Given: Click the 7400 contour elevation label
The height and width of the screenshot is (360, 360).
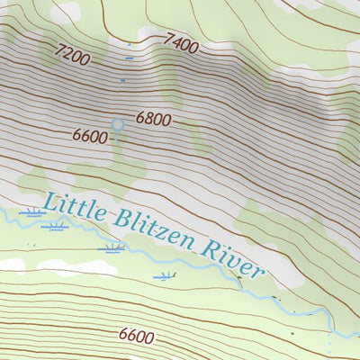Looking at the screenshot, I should (181, 42).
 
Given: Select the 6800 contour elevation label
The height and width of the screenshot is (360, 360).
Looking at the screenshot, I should (153, 118).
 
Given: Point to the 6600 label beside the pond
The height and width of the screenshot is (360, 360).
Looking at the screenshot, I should (91, 136).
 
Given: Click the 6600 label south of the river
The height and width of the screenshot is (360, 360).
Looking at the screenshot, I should (136, 336).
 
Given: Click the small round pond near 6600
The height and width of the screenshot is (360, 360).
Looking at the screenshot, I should (116, 124).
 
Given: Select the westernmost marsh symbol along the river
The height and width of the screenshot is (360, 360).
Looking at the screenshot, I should (34, 213).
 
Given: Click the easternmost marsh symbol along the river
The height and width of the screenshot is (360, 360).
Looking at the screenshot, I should (164, 275).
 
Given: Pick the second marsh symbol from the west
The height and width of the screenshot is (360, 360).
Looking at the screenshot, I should (56, 226).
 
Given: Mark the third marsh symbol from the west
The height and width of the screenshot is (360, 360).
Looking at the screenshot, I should (113, 247).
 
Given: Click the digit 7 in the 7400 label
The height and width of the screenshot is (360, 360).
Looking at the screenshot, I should (168, 38).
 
